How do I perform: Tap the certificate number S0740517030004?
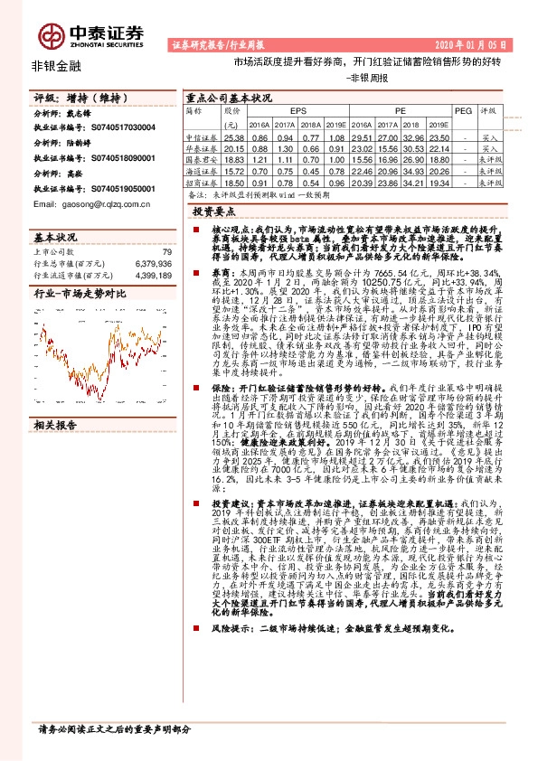point(118,128)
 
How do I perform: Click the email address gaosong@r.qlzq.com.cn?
point(80,205)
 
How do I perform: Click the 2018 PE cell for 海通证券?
point(414,170)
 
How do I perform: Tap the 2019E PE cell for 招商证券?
point(439,182)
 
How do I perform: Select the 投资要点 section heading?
point(220,210)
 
